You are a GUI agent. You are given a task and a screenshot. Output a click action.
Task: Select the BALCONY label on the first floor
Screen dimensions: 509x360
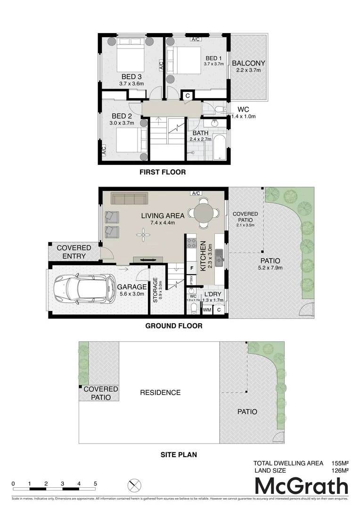[x=248, y=63]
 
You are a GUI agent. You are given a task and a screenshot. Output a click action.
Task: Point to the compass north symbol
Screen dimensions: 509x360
[x=134, y=485]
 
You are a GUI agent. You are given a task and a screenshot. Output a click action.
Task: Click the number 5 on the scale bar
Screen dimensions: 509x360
[x=95, y=484]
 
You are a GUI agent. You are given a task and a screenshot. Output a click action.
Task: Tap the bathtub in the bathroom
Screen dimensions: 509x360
[x=219, y=147]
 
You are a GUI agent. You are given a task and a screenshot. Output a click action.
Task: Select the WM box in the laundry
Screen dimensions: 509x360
[x=207, y=310]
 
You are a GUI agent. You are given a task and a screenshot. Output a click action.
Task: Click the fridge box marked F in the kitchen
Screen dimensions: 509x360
[x=191, y=268]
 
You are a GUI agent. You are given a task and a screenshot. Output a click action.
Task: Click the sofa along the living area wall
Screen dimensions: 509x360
[x=130, y=198]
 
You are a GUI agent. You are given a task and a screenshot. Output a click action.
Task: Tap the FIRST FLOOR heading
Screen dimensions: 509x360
[x=162, y=172]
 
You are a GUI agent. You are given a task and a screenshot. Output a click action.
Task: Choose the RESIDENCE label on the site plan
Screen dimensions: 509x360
[x=160, y=392]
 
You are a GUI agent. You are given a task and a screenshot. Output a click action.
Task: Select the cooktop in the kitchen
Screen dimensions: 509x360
[x=192, y=244]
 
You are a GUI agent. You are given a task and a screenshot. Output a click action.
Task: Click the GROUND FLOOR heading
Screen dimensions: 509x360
[x=173, y=326]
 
